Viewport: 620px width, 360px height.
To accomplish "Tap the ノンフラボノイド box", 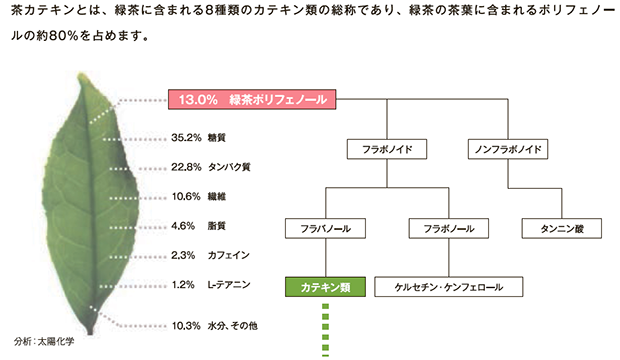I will [x=505, y=150].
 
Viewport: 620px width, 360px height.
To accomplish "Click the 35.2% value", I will [x=188, y=138].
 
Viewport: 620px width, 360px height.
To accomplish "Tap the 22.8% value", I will [x=188, y=168].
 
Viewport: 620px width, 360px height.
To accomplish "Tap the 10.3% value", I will [x=188, y=326].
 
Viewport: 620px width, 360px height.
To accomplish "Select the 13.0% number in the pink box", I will [x=199, y=99].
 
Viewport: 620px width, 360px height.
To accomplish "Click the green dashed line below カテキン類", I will [x=324, y=331].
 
